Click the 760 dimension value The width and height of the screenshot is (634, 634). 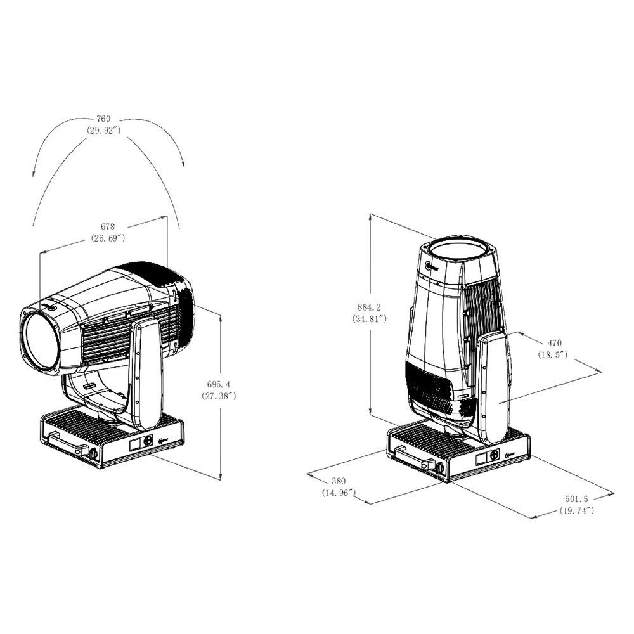[x=103, y=119]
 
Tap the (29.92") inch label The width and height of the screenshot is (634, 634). [x=103, y=130]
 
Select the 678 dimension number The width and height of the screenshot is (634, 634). [x=108, y=227]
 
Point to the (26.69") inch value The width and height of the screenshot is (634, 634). [x=108, y=238]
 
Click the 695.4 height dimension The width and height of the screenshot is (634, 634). [x=218, y=385]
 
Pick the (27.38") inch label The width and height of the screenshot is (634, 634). [x=218, y=396]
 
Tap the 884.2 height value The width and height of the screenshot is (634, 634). [x=369, y=307]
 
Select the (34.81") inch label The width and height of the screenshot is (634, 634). [x=369, y=319]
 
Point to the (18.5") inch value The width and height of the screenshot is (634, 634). [x=553, y=354]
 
